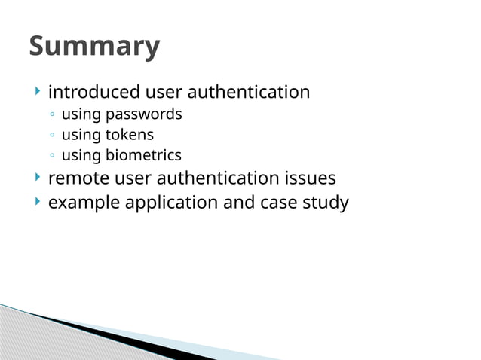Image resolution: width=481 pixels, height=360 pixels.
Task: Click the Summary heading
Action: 94,47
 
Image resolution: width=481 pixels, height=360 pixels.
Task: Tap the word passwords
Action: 143,115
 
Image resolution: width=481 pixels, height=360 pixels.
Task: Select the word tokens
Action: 129,136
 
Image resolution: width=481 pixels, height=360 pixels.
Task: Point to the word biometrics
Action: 143,156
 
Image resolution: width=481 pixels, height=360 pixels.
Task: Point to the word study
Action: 326,203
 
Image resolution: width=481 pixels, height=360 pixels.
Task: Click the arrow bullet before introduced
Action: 37,92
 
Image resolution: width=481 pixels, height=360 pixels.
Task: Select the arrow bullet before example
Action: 37,202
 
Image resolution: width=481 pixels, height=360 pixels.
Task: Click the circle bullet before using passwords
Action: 51,115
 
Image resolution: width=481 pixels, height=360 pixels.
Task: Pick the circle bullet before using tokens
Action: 51,136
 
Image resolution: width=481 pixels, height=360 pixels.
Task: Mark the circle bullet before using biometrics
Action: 51,156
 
